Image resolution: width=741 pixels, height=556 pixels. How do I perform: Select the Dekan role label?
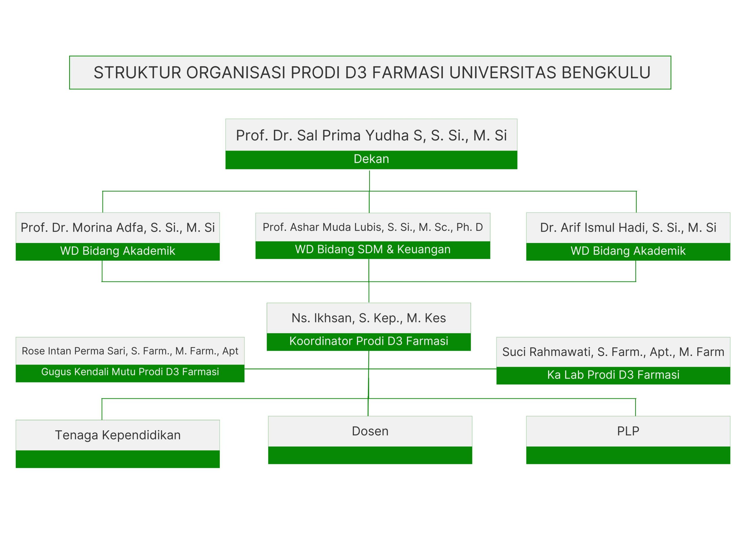[371, 159]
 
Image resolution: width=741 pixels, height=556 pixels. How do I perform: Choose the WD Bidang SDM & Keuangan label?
[373, 249]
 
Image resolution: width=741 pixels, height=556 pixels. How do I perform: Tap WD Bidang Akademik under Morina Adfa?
[118, 251]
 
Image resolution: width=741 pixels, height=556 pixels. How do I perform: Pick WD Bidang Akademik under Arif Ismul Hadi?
[628, 251]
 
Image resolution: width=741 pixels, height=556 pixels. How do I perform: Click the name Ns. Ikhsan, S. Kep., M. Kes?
[368, 318]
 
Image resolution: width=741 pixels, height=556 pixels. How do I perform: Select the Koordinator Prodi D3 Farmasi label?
[368, 341]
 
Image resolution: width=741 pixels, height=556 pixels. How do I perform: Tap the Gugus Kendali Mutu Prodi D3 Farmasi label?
[130, 372]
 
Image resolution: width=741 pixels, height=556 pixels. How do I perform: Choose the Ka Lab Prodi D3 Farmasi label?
[613, 375]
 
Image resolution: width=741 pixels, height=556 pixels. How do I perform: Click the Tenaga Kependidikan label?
[118, 435]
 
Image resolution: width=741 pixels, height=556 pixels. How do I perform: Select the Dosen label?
[370, 431]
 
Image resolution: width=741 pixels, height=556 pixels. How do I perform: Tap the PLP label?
[628, 431]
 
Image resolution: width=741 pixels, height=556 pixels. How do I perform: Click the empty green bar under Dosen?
[370, 455]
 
